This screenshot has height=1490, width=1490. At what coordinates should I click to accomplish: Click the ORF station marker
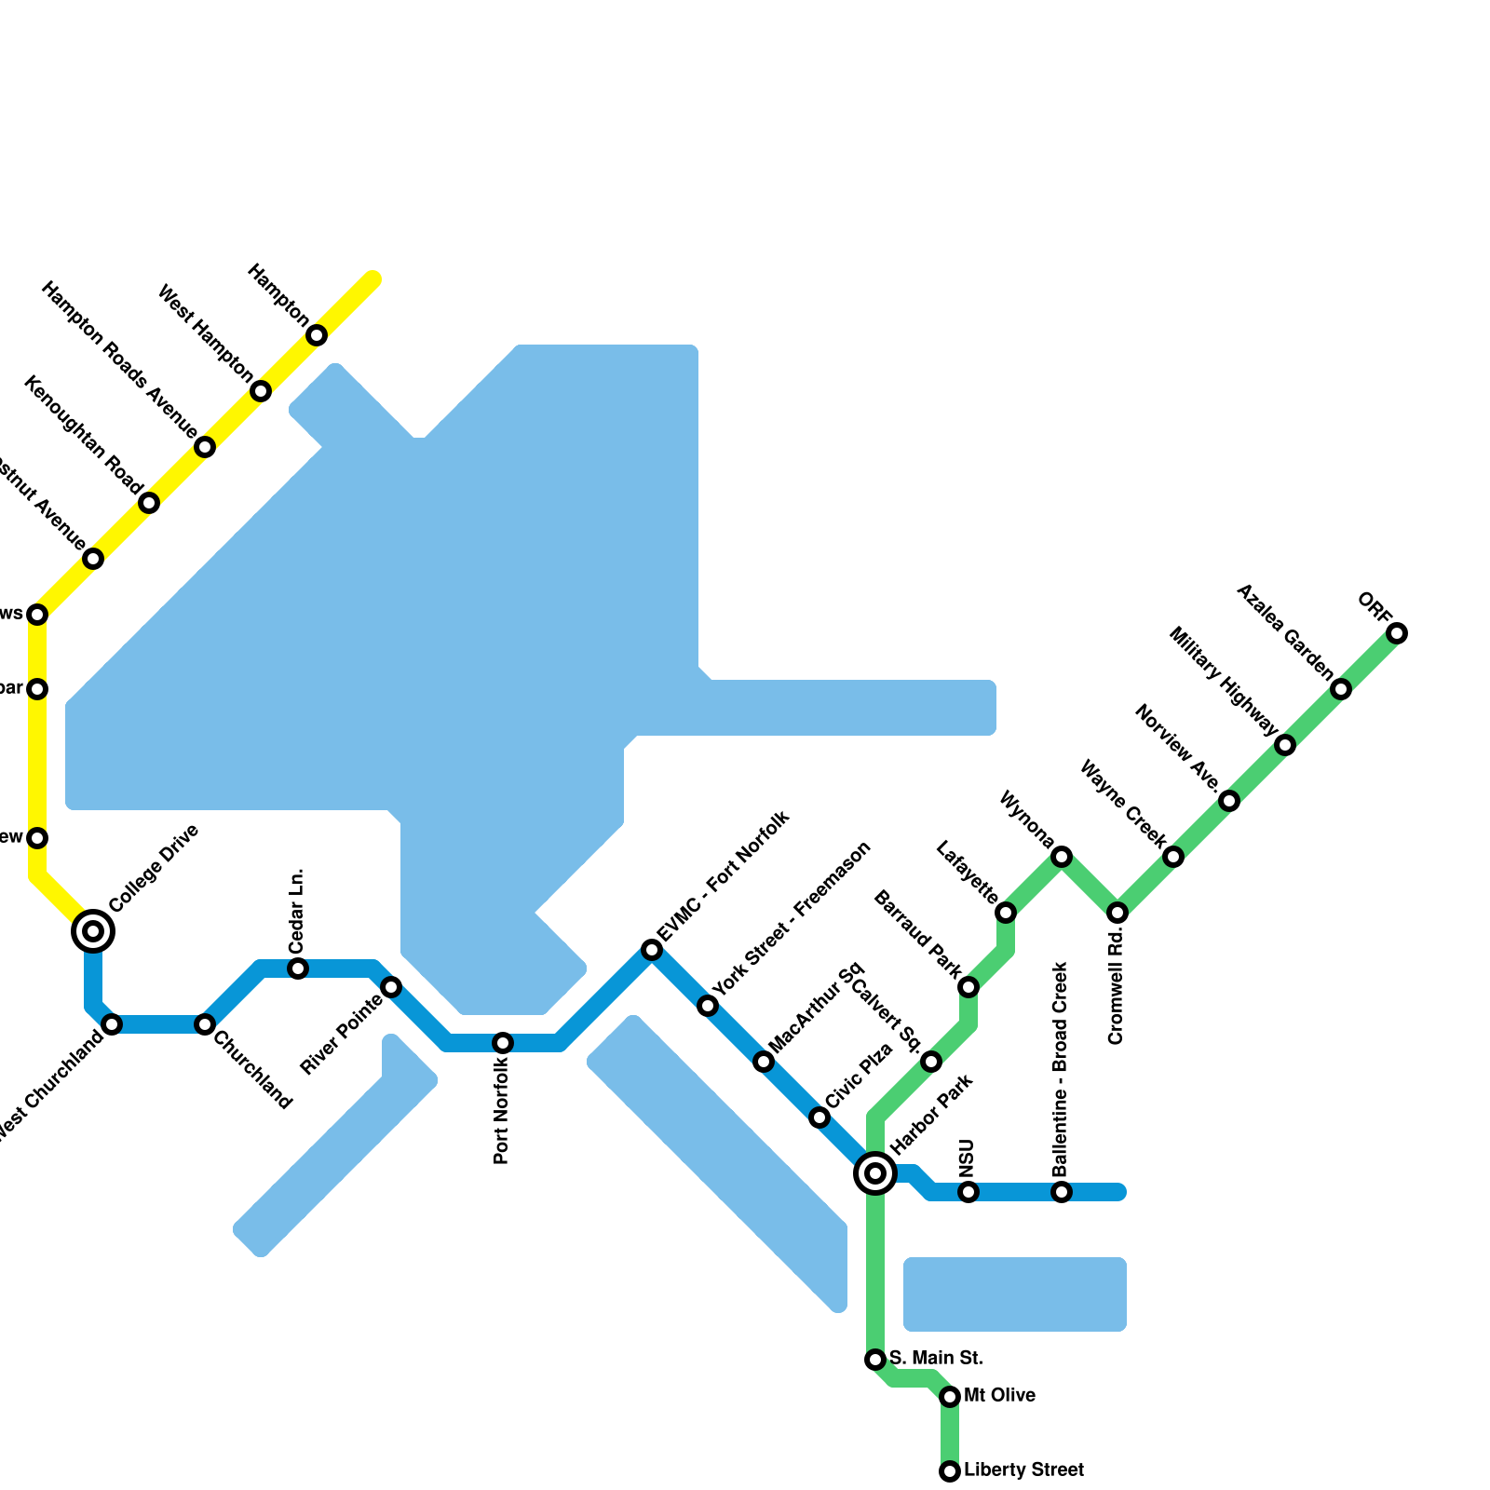pos(1396,633)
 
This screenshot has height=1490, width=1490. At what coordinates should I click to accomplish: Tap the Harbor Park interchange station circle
pos(875,1173)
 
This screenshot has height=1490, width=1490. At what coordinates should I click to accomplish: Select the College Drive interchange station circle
pos(93,930)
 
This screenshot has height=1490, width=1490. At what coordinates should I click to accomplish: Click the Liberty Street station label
pos(1023,1470)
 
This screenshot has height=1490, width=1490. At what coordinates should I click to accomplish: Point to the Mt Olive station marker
pos(950,1396)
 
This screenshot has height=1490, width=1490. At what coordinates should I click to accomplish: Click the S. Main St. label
pos(936,1358)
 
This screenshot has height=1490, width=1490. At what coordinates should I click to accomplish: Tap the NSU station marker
pos(968,1192)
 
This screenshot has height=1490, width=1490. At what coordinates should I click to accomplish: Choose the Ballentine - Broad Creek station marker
pos(1062,1192)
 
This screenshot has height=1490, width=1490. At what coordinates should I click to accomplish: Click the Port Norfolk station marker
pos(503,1043)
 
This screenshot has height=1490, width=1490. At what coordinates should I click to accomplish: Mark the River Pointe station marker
pos(391,987)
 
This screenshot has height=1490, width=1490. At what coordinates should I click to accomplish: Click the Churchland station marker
pos(205,1024)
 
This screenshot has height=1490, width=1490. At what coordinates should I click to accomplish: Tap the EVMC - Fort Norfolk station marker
pos(652,950)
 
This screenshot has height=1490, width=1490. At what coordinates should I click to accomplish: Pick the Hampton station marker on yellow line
pos(317,335)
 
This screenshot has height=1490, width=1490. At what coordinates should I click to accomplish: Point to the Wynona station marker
pos(1062,857)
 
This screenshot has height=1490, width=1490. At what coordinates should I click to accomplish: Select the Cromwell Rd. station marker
pos(1117,913)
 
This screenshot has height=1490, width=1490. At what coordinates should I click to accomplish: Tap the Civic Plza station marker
pos(819,1117)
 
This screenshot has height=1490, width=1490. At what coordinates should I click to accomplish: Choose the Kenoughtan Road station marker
pos(149,503)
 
